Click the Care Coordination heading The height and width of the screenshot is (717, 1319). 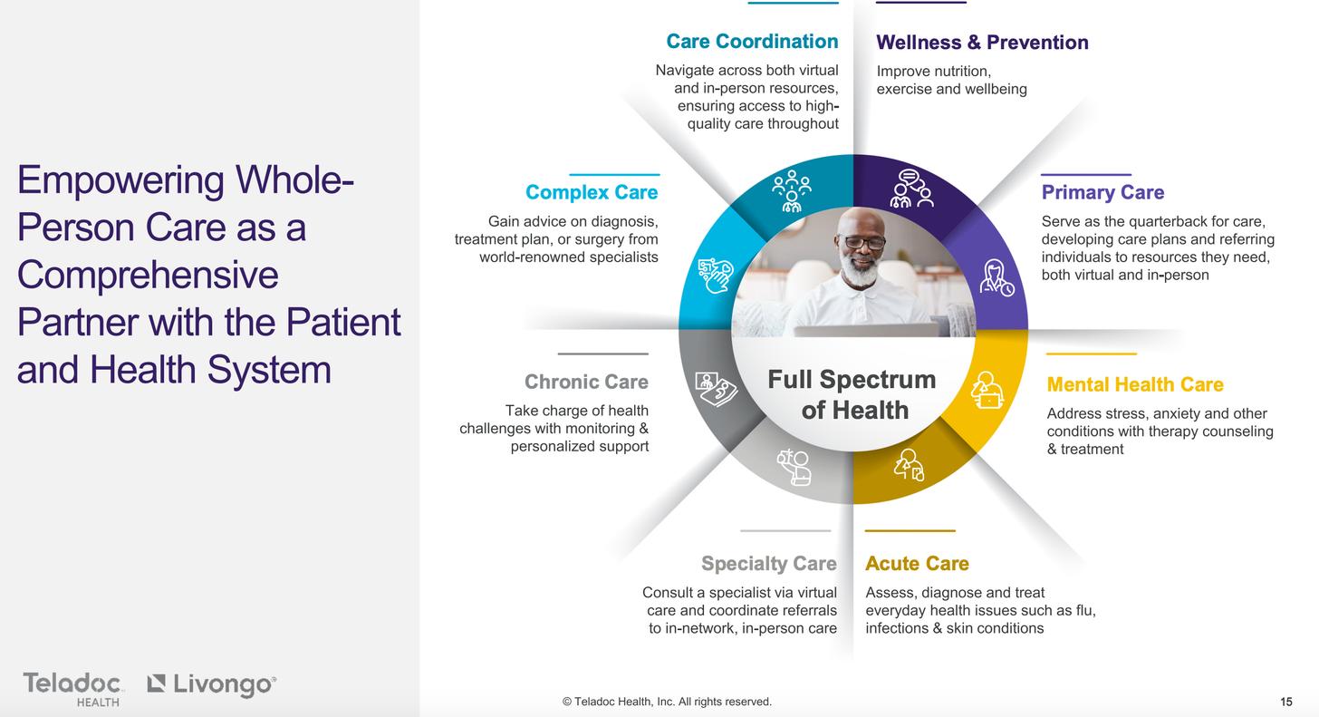(752, 41)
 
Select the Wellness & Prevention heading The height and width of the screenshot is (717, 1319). (982, 43)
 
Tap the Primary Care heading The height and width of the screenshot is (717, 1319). (1102, 192)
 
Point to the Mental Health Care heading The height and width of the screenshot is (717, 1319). (1135, 384)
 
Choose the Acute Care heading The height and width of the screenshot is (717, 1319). (917, 563)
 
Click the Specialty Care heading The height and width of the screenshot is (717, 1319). (769, 563)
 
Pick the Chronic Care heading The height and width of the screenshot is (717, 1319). (586, 382)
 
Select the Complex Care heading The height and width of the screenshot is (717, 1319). (592, 192)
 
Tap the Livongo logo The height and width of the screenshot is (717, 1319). (211, 684)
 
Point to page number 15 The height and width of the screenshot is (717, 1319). (1286, 702)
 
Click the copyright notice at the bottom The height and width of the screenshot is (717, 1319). (667, 702)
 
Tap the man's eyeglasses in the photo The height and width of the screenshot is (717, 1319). (863, 242)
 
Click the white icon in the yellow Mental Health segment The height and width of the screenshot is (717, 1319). (987, 390)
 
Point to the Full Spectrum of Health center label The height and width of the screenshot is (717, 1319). (852, 394)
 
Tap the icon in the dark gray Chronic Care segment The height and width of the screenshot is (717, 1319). (716, 389)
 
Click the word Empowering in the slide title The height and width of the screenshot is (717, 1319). (120, 180)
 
